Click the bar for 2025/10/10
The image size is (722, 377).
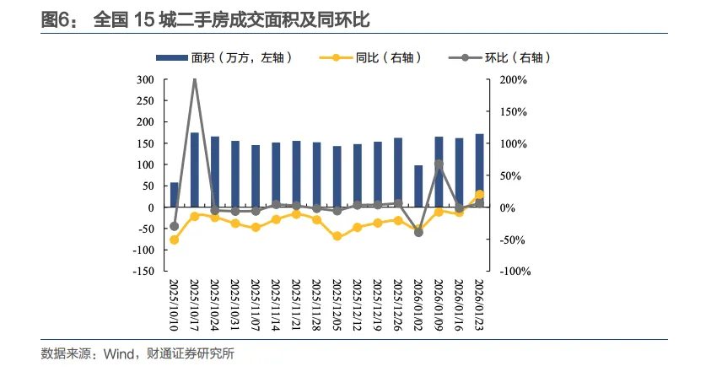click(x=175, y=195)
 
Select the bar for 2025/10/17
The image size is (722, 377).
click(x=195, y=170)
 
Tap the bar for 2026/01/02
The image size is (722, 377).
click(x=419, y=186)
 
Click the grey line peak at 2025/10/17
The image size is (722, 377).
click(x=195, y=79)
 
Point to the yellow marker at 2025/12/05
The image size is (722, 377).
click(x=337, y=236)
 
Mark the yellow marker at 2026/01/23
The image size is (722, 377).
click(x=480, y=194)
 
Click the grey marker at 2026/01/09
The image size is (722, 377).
click(x=439, y=164)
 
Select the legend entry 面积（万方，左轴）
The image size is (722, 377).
click(x=224, y=57)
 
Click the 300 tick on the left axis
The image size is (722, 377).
click(x=144, y=80)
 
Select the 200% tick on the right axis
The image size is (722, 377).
click(x=512, y=80)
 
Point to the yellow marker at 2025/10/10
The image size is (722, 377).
click(x=175, y=240)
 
